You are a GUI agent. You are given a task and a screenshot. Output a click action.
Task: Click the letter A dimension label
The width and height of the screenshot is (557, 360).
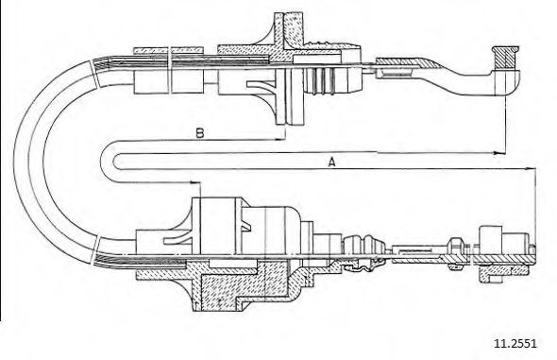pos(331,163)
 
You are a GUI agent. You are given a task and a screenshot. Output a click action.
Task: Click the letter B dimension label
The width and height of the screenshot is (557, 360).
pos(200,133)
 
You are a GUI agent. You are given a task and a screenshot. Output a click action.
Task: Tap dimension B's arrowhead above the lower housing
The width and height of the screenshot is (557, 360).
pos(195,182)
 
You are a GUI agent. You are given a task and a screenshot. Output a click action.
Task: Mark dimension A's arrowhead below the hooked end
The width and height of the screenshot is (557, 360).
pos(500,153)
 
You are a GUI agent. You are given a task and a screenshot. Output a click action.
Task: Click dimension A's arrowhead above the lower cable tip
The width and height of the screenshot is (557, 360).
pos(531,168)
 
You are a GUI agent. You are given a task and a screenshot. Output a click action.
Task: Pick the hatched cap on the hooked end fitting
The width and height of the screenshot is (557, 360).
pos(505,58)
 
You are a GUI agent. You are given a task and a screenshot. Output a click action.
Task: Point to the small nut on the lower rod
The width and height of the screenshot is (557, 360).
pos(456,246)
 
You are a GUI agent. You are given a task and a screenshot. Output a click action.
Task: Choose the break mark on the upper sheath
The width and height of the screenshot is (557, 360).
pos(93,74)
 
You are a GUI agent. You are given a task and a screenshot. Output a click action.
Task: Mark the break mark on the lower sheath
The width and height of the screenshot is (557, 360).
pos(95,250)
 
